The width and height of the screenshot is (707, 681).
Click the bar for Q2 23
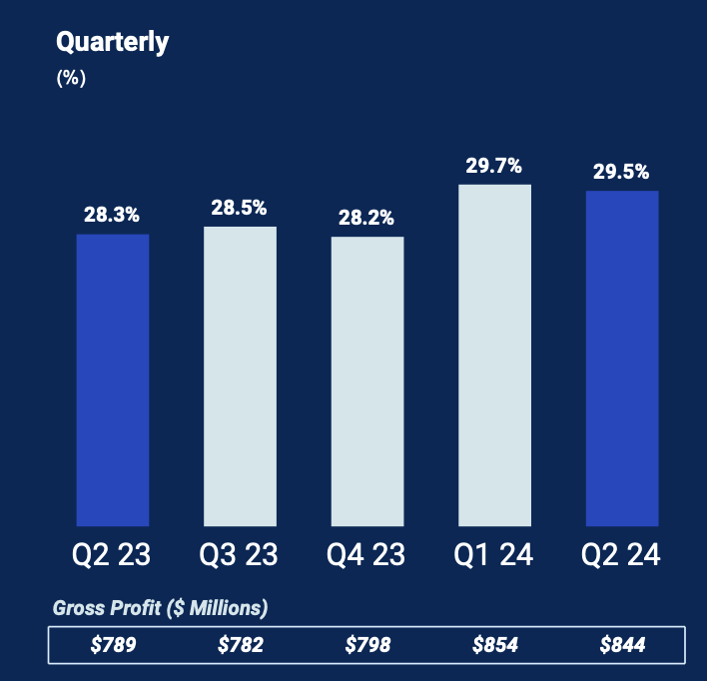(x=113, y=379)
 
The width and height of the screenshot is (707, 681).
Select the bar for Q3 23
(x=240, y=375)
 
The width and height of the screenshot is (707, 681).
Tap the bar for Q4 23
(x=367, y=380)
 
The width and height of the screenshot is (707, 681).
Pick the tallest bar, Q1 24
(x=494, y=354)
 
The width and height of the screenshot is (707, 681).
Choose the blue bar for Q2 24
(x=622, y=357)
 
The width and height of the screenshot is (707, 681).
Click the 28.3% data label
(x=112, y=215)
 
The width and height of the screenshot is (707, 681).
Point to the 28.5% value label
(x=239, y=208)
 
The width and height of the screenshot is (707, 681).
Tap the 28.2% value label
(x=366, y=217)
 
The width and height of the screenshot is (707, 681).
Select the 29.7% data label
(x=494, y=166)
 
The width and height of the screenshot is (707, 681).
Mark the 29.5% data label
(x=621, y=172)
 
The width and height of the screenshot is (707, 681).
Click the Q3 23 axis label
(x=240, y=554)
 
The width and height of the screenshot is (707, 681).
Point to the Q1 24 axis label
(x=494, y=554)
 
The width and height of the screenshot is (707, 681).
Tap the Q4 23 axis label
(x=367, y=554)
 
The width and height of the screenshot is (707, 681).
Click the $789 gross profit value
(x=113, y=645)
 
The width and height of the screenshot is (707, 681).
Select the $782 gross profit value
(x=240, y=645)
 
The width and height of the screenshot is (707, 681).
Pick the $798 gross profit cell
(x=367, y=645)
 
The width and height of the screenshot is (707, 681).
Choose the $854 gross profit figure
(x=495, y=645)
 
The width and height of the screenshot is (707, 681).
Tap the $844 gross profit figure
(x=622, y=645)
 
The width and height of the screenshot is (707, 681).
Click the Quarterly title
(x=113, y=42)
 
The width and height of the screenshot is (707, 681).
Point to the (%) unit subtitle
(x=71, y=79)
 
